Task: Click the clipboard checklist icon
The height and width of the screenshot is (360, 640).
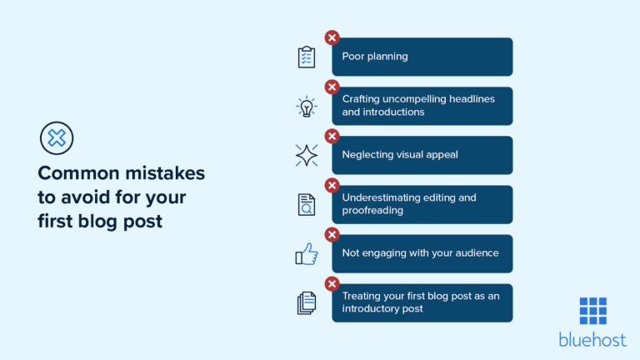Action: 307,57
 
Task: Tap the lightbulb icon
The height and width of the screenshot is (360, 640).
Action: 307,107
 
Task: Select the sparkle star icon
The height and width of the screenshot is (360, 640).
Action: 307,155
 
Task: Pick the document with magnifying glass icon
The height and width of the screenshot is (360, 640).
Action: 307,205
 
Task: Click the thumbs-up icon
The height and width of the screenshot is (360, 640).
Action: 307,254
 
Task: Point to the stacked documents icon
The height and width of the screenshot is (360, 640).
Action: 307,302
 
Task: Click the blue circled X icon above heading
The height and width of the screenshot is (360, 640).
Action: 57,137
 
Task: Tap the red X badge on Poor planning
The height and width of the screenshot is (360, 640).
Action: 332,37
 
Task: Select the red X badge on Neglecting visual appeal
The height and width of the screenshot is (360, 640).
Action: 332,136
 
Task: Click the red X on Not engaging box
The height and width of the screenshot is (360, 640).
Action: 332,234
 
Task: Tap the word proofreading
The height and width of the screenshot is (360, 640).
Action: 372,211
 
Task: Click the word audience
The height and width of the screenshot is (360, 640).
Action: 475,252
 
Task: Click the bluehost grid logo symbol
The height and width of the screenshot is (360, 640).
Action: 592,310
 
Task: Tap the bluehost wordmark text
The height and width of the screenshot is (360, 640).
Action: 592,338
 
